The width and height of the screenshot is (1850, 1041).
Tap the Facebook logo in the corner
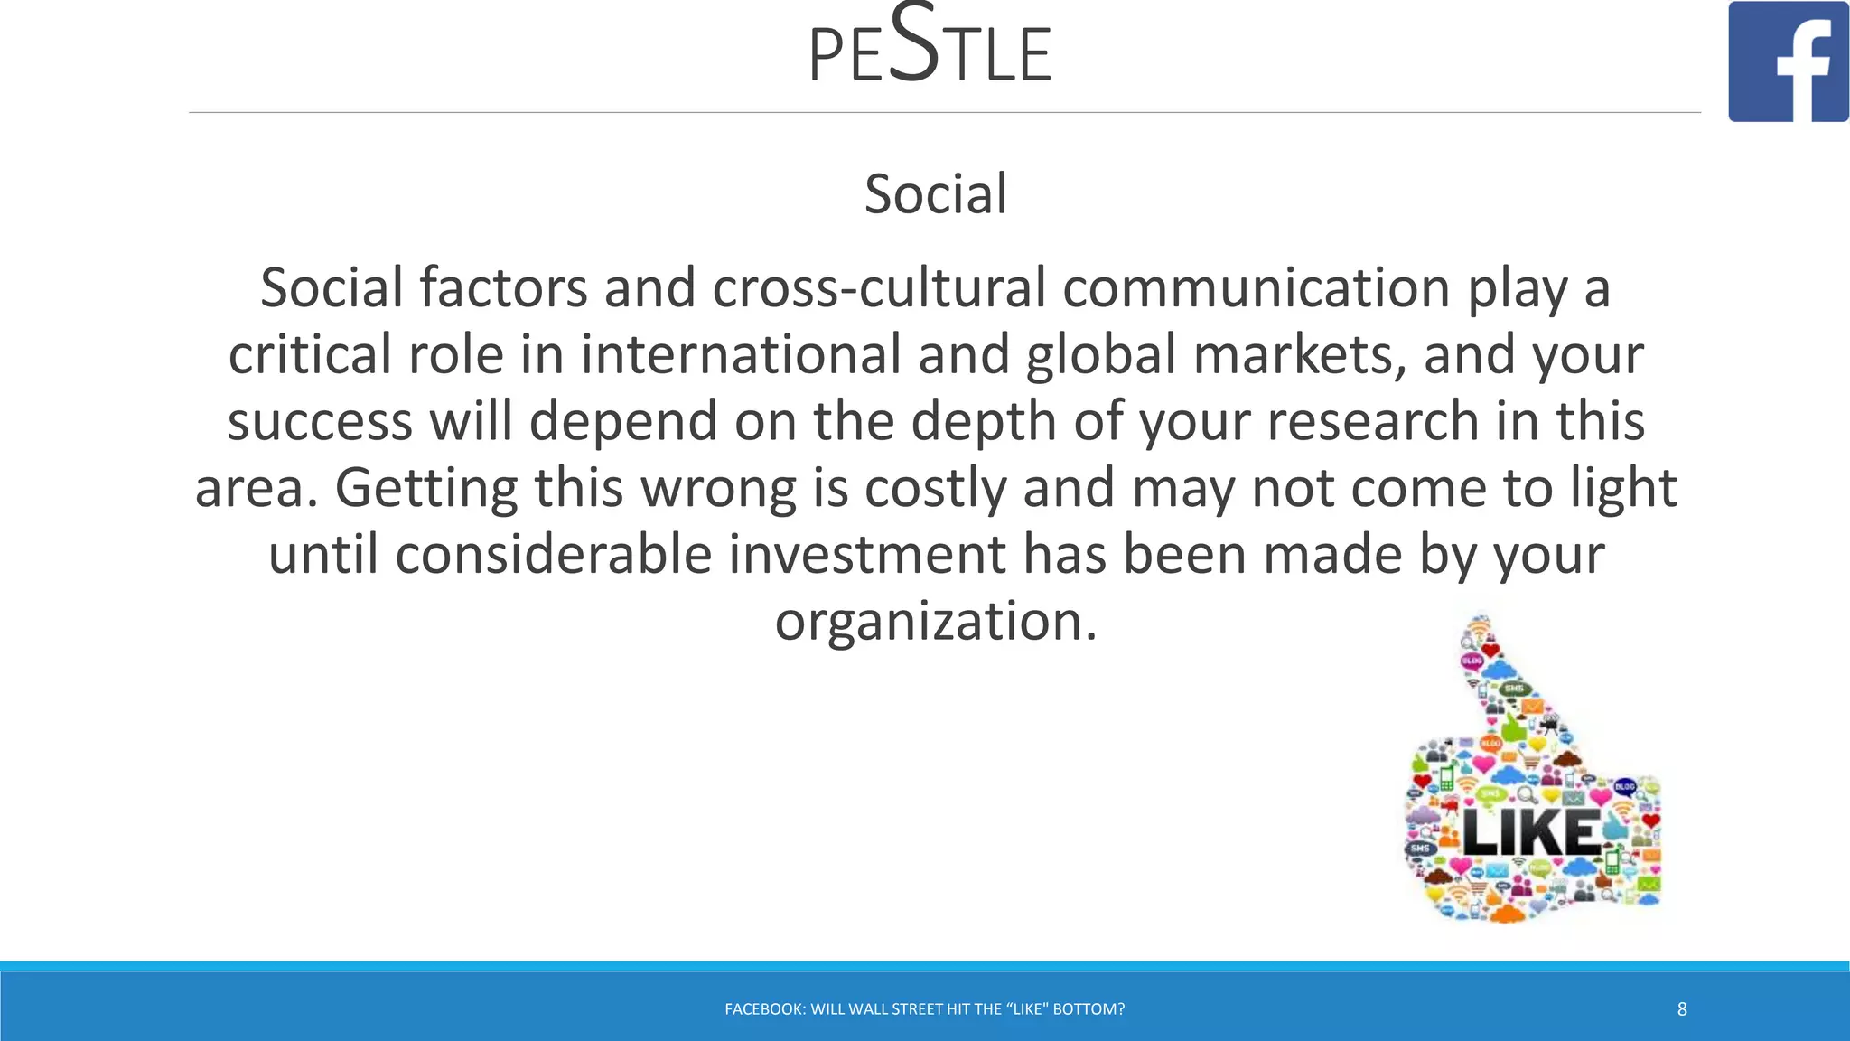(1788, 61)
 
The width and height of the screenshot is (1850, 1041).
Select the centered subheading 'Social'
(935, 193)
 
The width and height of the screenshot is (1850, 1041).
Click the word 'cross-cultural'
(878, 288)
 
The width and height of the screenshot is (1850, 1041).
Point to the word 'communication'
(1257, 288)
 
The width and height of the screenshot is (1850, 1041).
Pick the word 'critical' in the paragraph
(310, 354)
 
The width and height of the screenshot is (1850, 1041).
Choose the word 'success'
(320, 421)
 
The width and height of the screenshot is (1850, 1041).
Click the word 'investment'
(867, 554)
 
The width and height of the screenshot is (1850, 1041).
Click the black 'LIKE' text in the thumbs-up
(1530, 832)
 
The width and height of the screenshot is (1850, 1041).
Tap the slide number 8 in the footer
(1682, 1009)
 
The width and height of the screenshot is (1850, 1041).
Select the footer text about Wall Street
(924, 1009)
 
